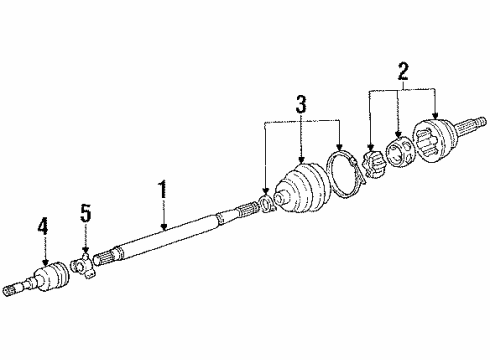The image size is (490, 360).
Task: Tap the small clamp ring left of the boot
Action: click(266, 204)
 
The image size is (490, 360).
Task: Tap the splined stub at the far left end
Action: click(14, 290)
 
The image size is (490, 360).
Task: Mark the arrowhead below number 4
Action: click(43, 261)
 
